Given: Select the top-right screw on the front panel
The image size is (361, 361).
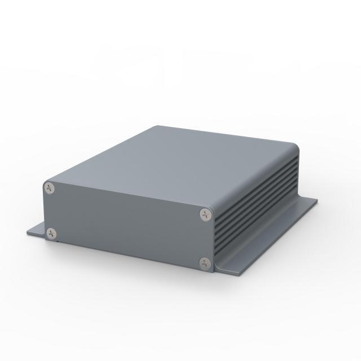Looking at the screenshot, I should point(204,214).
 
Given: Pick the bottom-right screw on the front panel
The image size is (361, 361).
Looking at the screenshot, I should point(204,261).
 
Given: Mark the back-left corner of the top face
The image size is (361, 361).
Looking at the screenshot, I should point(156,126).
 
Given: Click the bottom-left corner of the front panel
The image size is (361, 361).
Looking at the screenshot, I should point(46,240).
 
